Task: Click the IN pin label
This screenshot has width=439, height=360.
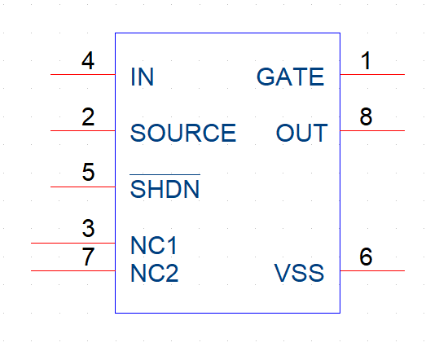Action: [143, 77]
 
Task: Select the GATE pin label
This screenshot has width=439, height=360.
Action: [290, 77]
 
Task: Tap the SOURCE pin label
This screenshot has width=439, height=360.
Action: [183, 133]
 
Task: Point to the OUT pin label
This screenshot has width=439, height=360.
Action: [302, 133]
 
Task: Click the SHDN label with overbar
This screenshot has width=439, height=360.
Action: [165, 187]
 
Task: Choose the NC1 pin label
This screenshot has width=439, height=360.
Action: [154, 245]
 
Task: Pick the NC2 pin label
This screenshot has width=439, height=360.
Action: [154, 273]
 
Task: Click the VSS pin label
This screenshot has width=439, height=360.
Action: [299, 273]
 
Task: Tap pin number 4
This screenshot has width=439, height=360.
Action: [88, 60]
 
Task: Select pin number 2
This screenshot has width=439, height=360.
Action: [88, 116]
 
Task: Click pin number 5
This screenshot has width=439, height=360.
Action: [88, 172]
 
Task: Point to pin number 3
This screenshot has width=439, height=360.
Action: [88, 228]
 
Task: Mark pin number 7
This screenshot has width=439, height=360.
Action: [88, 257]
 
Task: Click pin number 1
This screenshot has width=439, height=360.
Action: [367, 60]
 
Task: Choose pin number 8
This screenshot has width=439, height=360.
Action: [366, 116]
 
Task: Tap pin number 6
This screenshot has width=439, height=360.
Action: [366, 257]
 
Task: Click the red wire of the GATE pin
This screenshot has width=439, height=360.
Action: [372, 74]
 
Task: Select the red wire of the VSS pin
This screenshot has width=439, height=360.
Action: [372, 270]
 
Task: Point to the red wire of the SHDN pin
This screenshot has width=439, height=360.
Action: [83, 187]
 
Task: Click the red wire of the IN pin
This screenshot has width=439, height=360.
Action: [83, 74]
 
